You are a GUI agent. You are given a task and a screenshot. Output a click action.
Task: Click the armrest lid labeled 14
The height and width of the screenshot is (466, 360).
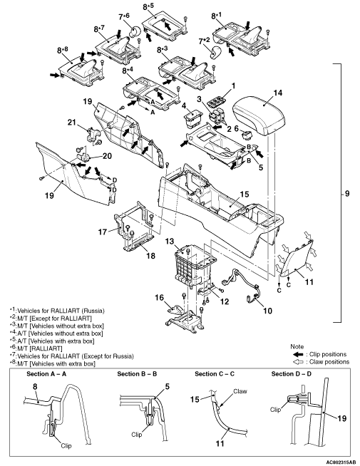pyautogui.click(x=259, y=115)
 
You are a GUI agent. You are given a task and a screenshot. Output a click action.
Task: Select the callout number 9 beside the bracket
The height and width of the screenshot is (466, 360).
pyautogui.click(x=347, y=194)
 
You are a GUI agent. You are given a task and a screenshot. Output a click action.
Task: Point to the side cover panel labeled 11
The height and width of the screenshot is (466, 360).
pyautogui.click(x=295, y=258)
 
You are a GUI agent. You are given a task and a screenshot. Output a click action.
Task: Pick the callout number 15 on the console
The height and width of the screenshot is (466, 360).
pyautogui.click(x=245, y=195)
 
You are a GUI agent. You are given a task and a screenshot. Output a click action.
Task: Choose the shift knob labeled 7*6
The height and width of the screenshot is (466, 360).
pyautogui.click(x=135, y=31)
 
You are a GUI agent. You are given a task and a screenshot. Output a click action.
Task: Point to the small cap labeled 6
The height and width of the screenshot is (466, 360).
pyautogui.click(x=246, y=135)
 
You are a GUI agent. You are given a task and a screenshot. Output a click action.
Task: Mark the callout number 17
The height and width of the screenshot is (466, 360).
pyautogui.click(x=103, y=232)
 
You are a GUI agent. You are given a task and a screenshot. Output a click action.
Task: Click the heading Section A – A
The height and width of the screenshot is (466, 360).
pyautogui.click(x=46, y=374)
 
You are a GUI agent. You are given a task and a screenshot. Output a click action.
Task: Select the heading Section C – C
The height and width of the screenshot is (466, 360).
pyautogui.click(x=215, y=374)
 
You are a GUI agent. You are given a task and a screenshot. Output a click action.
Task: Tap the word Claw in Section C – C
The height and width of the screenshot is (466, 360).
pyautogui.click(x=240, y=391)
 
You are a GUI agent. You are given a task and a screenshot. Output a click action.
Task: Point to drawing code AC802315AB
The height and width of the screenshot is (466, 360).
pyautogui.click(x=341, y=462)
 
